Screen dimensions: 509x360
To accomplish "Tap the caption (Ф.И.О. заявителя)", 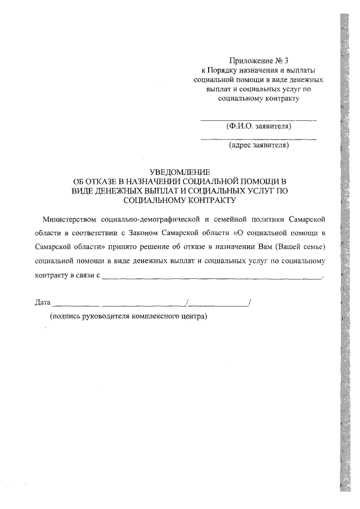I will pos(258,127).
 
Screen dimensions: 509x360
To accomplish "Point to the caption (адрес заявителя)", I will pos(258,146).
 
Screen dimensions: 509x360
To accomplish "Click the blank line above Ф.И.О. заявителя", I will pos(258,120).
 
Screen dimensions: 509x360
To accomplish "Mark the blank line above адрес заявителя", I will pos(258,139).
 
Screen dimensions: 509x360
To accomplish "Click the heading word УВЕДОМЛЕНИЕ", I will pos(179,172).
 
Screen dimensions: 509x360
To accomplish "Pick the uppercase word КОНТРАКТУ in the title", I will pos(206,199).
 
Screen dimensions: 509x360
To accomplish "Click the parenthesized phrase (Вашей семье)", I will pos(303,247).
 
